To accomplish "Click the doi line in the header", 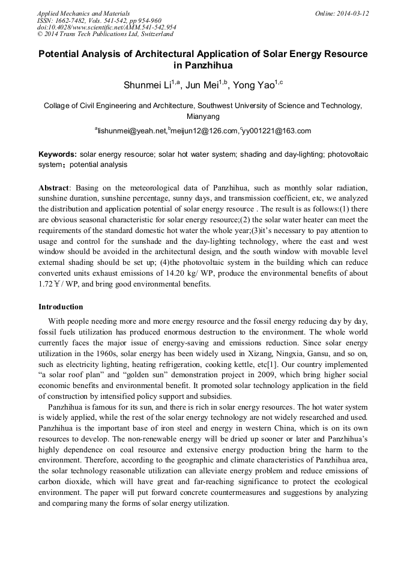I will pos(106,27).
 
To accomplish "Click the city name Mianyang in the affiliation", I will pos(203,117).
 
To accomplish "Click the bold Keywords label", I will pos(58,154).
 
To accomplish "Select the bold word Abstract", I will pos(54,188).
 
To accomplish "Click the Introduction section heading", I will pos(61,307).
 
